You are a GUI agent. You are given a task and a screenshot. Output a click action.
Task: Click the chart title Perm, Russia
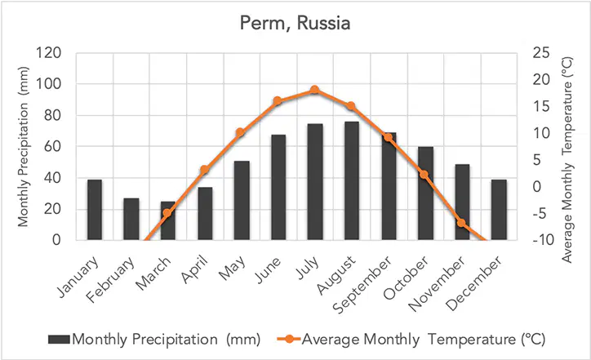(295, 24)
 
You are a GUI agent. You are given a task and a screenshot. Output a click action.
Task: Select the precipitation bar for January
(95, 210)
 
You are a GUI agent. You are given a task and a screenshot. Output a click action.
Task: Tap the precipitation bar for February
(131, 219)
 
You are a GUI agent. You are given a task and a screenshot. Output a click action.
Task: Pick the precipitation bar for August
(352, 180)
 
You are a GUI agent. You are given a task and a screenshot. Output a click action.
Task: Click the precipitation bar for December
(499, 210)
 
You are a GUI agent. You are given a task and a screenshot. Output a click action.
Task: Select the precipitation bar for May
(242, 201)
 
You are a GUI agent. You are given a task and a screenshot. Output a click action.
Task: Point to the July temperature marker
(315, 90)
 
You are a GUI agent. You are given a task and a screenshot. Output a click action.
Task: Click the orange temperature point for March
(167, 212)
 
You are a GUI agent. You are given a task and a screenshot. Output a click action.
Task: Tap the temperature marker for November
(462, 222)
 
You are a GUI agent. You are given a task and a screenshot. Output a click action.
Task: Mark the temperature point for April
(204, 170)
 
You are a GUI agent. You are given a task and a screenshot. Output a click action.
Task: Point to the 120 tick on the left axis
(49, 53)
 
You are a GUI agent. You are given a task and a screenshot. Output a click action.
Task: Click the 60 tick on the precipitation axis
(52, 146)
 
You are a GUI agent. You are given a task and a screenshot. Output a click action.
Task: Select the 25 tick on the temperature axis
(541, 53)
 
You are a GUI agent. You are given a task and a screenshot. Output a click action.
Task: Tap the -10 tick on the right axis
(544, 240)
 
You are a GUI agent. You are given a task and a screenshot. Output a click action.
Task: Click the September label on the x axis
(362, 286)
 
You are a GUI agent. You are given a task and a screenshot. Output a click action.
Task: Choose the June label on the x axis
(269, 270)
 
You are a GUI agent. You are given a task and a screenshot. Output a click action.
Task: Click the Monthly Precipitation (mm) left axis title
(23, 147)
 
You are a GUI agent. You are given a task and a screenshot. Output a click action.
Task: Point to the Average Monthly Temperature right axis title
(567, 160)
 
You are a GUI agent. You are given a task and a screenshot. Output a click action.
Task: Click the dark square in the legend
(59, 340)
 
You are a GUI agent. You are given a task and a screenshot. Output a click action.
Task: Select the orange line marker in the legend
(289, 339)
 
